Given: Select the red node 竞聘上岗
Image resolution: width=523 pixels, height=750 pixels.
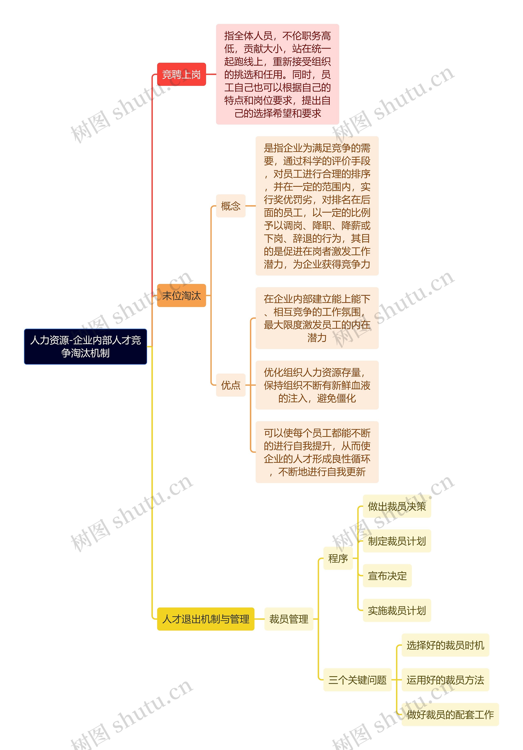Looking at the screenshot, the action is tap(181, 74).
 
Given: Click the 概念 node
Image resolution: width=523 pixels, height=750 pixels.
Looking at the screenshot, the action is tap(230, 206).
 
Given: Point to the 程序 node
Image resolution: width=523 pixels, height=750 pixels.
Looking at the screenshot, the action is tap(338, 558).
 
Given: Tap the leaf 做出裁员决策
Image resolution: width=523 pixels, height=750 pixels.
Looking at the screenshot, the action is tap(397, 506).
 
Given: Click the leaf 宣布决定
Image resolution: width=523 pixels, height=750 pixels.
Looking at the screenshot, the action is tap(387, 575).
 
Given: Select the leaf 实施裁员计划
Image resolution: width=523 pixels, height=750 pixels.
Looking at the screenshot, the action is tap(397, 610).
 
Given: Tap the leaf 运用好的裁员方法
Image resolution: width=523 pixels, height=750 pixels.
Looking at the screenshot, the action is tap(445, 680).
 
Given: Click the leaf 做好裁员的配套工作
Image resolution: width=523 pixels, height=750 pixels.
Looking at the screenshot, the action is tap(450, 714).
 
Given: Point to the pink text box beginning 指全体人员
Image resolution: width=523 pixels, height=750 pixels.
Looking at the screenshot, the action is tap(277, 74).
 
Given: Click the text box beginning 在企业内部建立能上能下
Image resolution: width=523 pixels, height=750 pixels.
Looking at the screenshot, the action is tap(317, 318).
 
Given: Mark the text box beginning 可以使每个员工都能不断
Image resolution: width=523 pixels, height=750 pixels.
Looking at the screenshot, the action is tap(317, 452).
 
